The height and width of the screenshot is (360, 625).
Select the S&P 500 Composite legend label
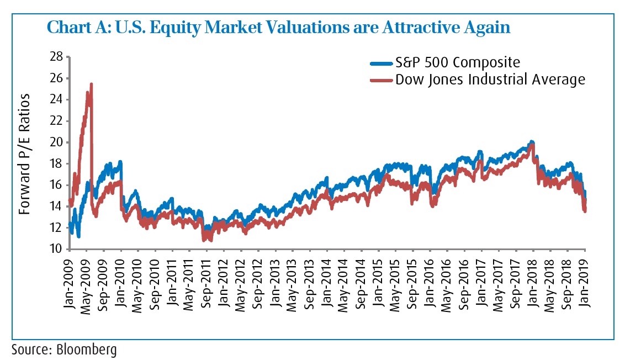(x=458, y=62)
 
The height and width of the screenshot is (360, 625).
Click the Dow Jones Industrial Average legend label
(x=490, y=80)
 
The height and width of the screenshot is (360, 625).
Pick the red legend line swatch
(x=381, y=80)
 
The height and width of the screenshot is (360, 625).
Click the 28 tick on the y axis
(x=56, y=57)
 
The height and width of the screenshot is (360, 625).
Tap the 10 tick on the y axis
(x=56, y=249)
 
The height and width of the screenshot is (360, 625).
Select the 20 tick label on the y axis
(x=56, y=142)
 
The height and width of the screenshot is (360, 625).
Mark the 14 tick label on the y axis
(x=56, y=207)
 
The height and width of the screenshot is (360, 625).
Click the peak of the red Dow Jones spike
(x=91, y=84)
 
